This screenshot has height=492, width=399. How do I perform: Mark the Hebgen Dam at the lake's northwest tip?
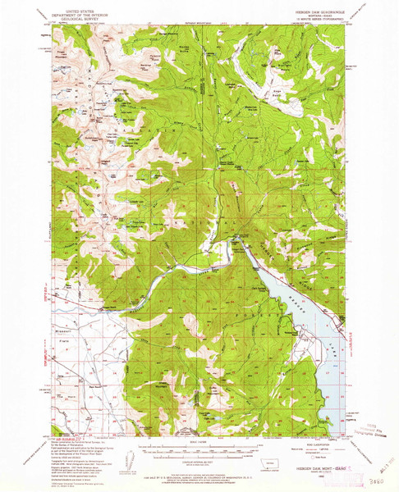click(240, 239)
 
